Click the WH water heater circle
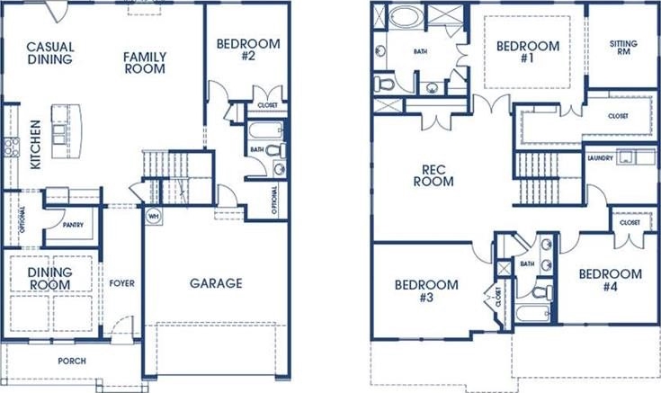pyautogui.click(x=154, y=217)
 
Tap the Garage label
pyautogui.click(x=216, y=283)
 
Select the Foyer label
pyautogui.click(x=121, y=283)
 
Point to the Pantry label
pyautogui.click(x=73, y=225)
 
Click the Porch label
pyautogui.click(x=72, y=361)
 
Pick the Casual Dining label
pyautogui.click(x=50, y=53)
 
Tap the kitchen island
pyautogui.click(x=67, y=131)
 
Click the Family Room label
pyautogui.click(x=145, y=62)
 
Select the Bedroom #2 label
pyautogui.click(x=248, y=49)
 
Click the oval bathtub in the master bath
pyautogui.click(x=406, y=16)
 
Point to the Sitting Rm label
pyautogui.click(x=623, y=48)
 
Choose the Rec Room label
pyautogui.click(x=433, y=175)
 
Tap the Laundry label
pyautogui.click(x=600, y=158)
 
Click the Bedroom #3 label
pyautogui.click(x=426, y=291)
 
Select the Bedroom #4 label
pyautogui.click(x=610, y=280)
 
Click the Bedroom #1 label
pyautogui.click(x=528, y=52)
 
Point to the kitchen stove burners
pyautogui.click(x=11, y=147)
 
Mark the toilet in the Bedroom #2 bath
pyautogui.click(x=276, y=149)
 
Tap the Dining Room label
pyautogui.click(x=49, y=278)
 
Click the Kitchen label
pyautogui.click(x=36, y=145)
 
